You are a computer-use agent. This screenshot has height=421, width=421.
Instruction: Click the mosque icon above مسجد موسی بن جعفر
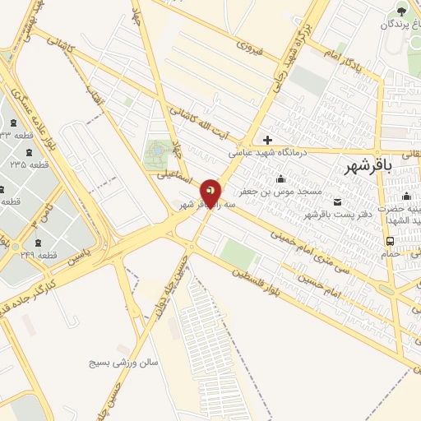[x=280, y=179]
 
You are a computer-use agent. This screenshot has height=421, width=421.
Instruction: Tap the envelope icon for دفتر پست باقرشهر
[x=337, y=202]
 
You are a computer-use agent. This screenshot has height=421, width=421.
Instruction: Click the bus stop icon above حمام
[x=390, y=241]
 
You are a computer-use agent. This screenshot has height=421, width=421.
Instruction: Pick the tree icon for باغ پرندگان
[x=401, y=11]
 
